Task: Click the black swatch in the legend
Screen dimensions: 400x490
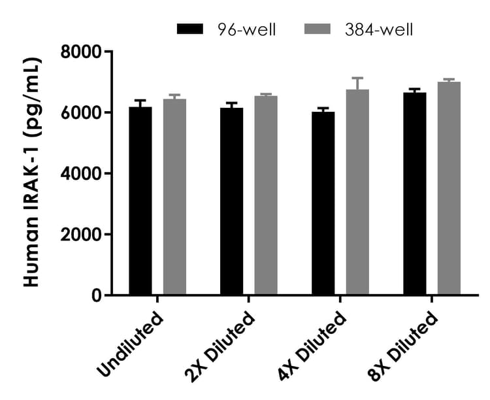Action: pyautogui.click(x=190, y=29)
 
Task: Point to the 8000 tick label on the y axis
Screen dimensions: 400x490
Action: pyautogui.click(x=82, y=52)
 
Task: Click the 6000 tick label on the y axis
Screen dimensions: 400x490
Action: pyautogui.click(x=82, y=112)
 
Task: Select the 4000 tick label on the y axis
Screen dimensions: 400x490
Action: pyautogui.click(x=82, y=173)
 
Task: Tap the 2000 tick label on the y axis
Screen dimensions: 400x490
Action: pyautogui.click(x=82, y=234)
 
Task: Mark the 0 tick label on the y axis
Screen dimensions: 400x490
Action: pyautogui.click(x=97, y=295)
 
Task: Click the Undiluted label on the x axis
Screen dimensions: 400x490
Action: pyautogui.click(x=130, y=346)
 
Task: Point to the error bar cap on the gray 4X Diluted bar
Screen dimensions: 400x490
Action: pyautogui.click(x=357, y=78)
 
